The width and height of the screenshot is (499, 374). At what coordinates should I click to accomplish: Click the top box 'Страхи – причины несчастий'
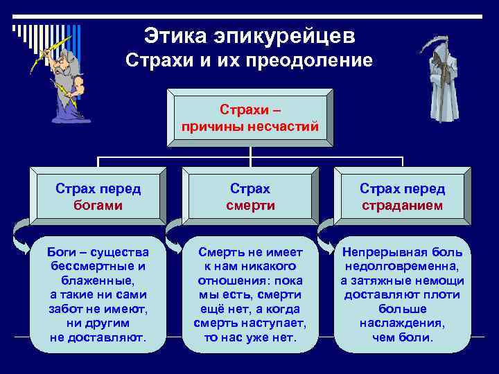(249, 118)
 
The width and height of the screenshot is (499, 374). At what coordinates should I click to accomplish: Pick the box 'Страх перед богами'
(98, 197)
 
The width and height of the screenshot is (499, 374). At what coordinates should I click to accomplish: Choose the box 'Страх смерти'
(250, 197)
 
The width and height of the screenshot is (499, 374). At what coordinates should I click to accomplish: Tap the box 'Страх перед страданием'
(402, 197)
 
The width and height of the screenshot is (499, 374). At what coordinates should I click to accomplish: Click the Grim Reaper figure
(437, 83)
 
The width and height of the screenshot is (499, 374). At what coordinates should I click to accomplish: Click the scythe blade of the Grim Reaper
(428, 43)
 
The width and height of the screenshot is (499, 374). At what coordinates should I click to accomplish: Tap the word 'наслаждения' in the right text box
(402, 323)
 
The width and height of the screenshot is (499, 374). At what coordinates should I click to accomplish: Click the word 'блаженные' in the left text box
(97, 280)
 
